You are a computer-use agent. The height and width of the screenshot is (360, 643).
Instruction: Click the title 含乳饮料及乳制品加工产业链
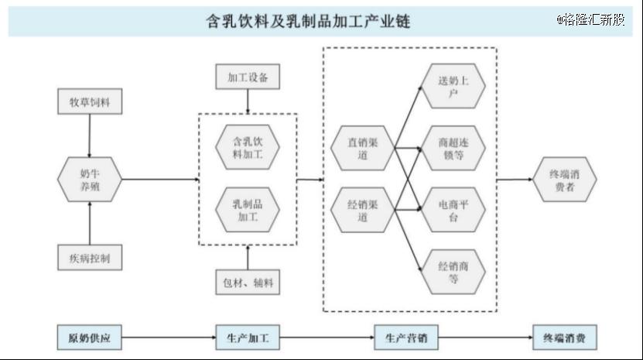pyautogui.click(x=307, y=21)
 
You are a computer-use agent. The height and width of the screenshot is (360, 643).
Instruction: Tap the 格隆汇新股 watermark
pyautogui.click(x=590, y=19)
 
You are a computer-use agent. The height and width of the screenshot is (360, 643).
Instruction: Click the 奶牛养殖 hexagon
pyautogui.click(x=90, y=180)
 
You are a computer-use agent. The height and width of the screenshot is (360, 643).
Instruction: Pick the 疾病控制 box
pyautogui.click(x=90, y=257)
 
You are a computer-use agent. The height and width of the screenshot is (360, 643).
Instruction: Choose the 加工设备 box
pyautogui.click(x=248, y=78)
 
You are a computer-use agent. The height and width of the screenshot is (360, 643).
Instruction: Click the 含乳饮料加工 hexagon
pyautogui.click(x=248, y=148)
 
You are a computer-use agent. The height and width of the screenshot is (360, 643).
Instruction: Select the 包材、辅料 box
pyautogui.click(x=248, y=282)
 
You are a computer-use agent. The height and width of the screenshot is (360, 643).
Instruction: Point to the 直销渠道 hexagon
pyautogui.click(x=362, y=148)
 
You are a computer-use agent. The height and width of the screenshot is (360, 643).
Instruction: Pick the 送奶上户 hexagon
pyautogui.click(x=453, y=86)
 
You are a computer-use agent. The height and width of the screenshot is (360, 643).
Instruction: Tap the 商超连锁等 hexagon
pyautogui.click(x=453, y=148)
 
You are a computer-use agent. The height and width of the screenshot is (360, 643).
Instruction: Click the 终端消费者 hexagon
pyautogui.click(x=565, y=180)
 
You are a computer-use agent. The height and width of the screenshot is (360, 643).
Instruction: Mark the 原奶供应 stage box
pyautogui.click(x=90, y=338)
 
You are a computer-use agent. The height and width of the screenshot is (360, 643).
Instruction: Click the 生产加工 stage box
pyautogui.click(x=248, y=338)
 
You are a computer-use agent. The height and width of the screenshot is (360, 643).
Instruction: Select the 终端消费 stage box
pyautogui.click(x=565, y=338)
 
